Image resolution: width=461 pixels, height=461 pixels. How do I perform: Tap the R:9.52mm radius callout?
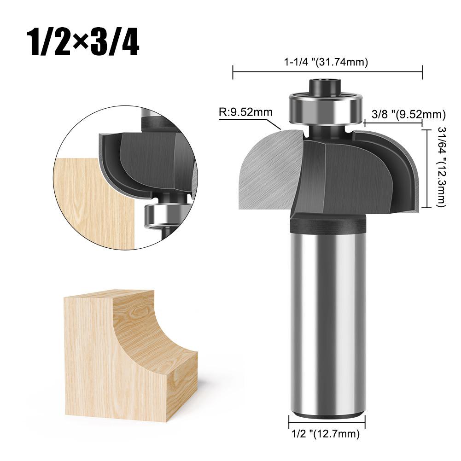[245, 112]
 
